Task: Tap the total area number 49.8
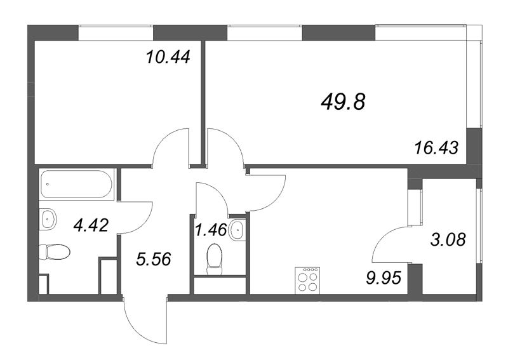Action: pos(343,100)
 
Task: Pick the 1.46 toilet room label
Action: pos(210,229)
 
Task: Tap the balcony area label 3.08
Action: pos(448,240)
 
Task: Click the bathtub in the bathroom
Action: pos(76,185)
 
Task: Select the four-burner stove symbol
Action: pos(308,280)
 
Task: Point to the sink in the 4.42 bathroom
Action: pos(48,220)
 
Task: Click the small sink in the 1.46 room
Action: pos(237,229)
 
